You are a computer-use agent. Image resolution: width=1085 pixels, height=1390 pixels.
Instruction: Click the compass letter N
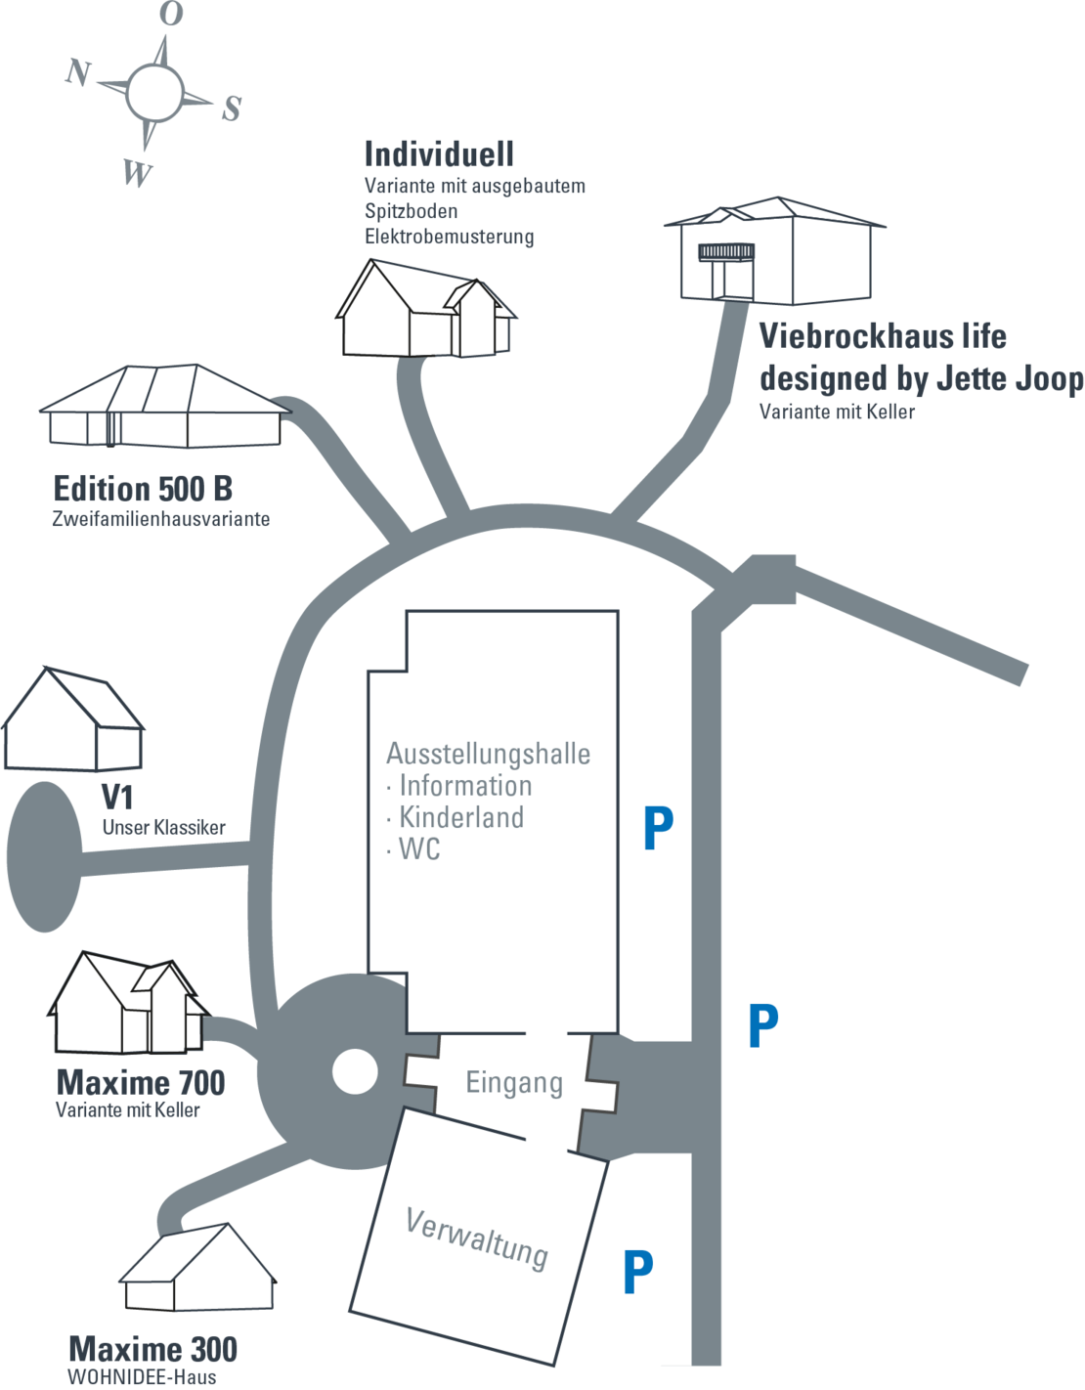[78, 71]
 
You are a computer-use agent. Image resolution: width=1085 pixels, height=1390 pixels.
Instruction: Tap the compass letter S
[232, 109]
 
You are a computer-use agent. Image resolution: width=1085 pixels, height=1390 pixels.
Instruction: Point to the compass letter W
[138, 173]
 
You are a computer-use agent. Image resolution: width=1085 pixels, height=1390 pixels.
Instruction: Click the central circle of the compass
[154, 93]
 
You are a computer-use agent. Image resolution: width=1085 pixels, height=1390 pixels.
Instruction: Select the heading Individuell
[439, 154]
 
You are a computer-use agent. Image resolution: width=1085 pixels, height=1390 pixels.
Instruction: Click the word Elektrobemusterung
[449, 236]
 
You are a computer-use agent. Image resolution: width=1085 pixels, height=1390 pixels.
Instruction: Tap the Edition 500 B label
[143, 489]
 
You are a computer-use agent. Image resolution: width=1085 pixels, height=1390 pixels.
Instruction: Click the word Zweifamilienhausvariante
[161, 519]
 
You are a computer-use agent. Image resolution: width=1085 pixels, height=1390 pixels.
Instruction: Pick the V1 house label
[117, 797]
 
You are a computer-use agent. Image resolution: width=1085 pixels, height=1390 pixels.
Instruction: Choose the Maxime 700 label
[141, 1082]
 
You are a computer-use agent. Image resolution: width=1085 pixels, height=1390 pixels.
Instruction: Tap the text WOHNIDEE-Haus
[142, 1376]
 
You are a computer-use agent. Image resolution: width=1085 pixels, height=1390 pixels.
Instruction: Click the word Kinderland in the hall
[461, 817]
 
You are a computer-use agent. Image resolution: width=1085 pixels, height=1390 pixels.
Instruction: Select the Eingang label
[514, 1083]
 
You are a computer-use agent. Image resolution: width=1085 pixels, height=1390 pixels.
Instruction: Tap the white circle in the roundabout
[355, 1072]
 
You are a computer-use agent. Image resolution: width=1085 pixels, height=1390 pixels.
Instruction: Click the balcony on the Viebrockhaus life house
[725, 252]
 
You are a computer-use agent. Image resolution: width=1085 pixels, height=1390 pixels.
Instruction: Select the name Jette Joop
[1010, 378]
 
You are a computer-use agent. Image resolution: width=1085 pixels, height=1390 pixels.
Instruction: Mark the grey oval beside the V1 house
[44, 856]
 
